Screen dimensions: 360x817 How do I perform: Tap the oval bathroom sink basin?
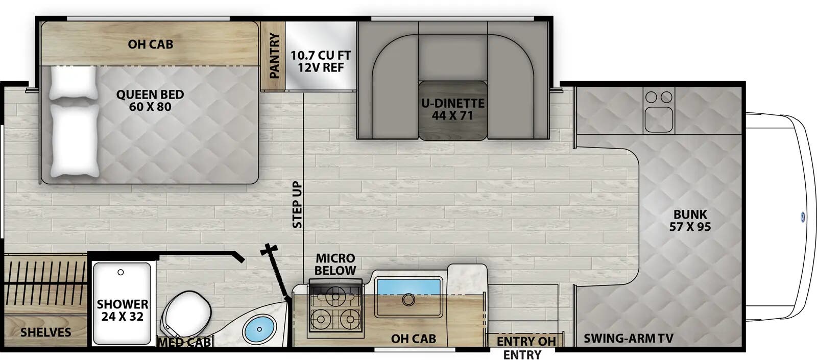pos(260,329)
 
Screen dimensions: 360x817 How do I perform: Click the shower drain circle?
pos(121,272)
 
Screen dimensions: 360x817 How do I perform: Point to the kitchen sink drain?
pos(408,300)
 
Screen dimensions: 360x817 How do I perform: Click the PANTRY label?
pos(274,56)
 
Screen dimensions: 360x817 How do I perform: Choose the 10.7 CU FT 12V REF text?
pos(321,61)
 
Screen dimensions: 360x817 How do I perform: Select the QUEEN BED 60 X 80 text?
pos(150,101)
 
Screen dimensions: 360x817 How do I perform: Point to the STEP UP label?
pos(297,205)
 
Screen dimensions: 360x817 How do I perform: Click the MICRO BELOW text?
pos(335,264)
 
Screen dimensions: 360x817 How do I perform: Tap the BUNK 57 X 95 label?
pos(690,220)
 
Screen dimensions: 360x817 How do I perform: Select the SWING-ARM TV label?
pos(628,338)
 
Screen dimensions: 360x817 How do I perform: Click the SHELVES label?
pos(45,332)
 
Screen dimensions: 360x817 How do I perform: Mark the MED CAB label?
pos(184,342)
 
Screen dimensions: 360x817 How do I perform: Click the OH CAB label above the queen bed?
pos(150,44)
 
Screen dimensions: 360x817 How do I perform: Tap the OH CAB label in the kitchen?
pos(413,338)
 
